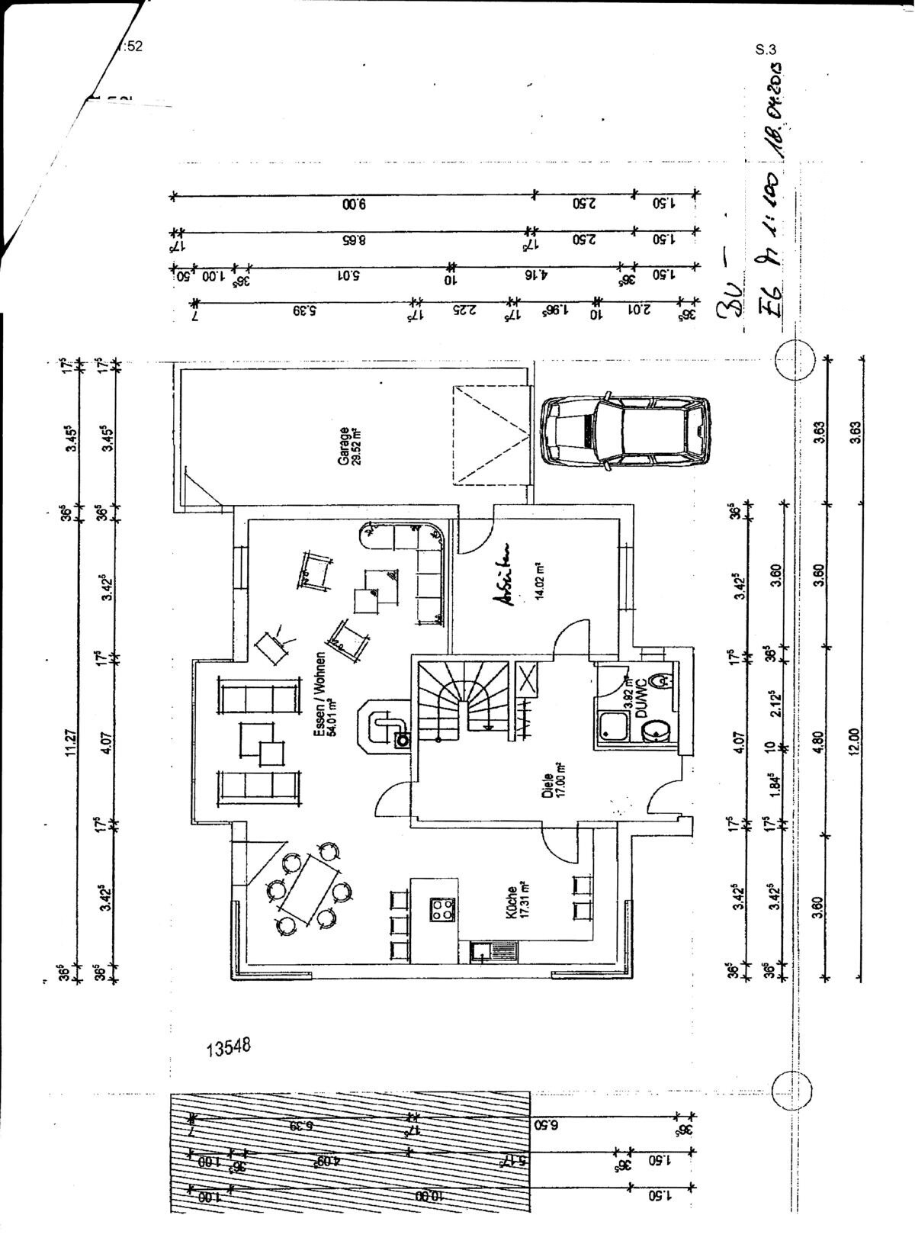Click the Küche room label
pyautogui.click(x=512, y=900)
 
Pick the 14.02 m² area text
pyautogui.click(x=538, y=581)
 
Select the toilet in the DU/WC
pyautogui.click(x=662, y=679)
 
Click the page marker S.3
pyautogui.click(x=766, y=50)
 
